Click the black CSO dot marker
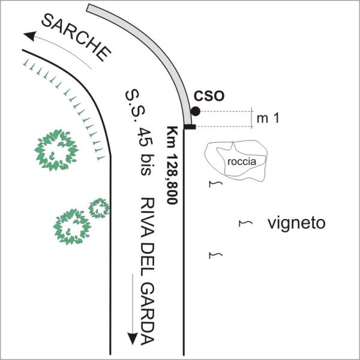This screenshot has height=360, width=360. [x=196, y=111]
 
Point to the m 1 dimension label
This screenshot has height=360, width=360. [x=268, y=119]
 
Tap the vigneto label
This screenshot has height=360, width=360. [x=296, y=224]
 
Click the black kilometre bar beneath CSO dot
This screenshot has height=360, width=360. [x=190, y=126]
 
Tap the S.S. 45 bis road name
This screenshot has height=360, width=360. [x=136, y=133]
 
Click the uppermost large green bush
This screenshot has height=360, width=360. [x=56, y=149]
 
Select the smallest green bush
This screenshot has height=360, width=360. [x=99, y=208]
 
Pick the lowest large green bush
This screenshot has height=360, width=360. [x=73, y=227]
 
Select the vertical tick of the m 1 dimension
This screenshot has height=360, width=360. [x=251, y=119]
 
